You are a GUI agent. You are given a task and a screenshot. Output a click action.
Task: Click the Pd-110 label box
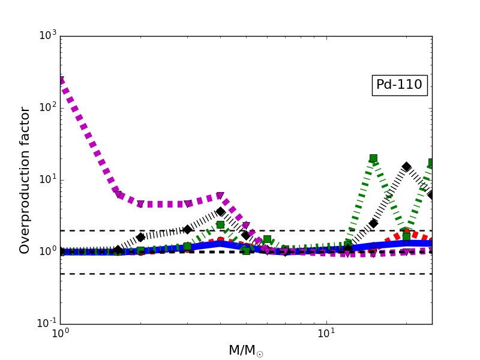(400, 85)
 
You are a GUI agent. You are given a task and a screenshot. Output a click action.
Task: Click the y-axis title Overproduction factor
(25, 180)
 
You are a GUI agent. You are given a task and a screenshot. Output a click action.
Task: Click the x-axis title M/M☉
(245, 350)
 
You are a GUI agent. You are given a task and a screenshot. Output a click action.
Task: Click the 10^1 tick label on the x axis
(326, 334)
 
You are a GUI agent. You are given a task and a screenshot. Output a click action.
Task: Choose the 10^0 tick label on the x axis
(60, 334)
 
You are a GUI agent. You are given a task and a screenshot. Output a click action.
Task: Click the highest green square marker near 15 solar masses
(373, 158)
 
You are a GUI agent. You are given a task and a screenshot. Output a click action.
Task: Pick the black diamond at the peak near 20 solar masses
(406, 167)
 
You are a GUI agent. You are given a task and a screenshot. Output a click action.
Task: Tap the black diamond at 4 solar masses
(220, 212)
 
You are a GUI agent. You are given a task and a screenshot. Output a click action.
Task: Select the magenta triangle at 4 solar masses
(220, 196)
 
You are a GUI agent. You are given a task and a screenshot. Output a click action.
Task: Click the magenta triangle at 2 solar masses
(140, 204)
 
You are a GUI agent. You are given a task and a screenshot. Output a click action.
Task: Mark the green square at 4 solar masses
(220, 224)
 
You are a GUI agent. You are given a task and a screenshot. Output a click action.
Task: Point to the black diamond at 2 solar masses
(140, 237)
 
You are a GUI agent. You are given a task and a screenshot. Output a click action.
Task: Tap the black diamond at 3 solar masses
(187, 229)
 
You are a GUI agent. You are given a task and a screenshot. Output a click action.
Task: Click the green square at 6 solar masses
(267, 239)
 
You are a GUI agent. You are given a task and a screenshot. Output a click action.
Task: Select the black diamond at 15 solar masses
(373, 223)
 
